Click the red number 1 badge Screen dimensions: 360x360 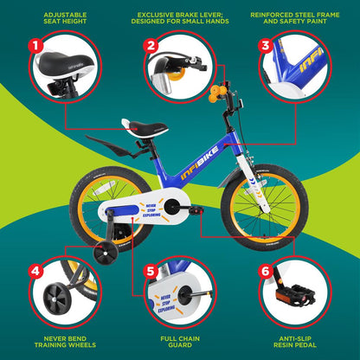pos(35,45)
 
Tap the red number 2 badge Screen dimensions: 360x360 pos(150,45)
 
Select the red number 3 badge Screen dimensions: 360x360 pos(265,45)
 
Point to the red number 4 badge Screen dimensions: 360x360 pos(35,271)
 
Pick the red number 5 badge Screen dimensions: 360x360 pos(150,271)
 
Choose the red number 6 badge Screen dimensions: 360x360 pos(265,271)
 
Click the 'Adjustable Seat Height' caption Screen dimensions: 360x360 pos(66,19)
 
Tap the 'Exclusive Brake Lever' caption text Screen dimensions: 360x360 pos(180,19)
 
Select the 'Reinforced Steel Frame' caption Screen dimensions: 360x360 pos(295,19)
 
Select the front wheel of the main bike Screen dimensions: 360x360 pos(264,207)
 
